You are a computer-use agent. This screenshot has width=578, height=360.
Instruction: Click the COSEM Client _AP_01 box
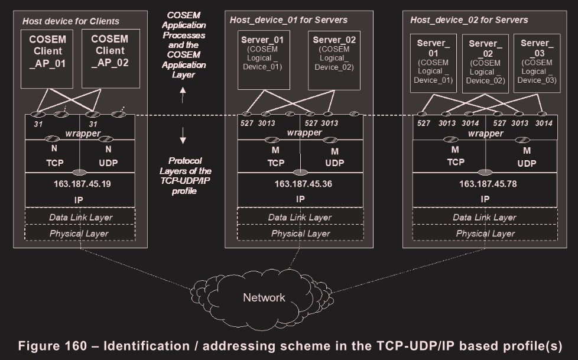coord(48,57)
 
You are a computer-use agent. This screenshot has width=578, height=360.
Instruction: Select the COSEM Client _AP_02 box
coord(109,57)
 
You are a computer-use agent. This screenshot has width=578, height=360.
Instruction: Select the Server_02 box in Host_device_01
coord(335,60)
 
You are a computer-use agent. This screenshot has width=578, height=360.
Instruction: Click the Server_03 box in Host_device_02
coord(536,63)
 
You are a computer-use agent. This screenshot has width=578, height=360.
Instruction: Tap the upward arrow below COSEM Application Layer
coord(183,91)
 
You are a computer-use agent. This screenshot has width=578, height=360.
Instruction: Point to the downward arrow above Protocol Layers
coord(183,138)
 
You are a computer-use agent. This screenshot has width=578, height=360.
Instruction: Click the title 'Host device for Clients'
coord(71,21)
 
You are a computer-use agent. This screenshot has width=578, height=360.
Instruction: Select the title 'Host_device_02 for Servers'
coord(469,20)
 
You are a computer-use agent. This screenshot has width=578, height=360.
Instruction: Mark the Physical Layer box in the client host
coord(80,233)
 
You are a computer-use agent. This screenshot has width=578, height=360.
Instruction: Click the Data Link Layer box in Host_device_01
coord(300,217)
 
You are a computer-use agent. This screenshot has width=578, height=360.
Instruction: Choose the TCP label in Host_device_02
coord(455,162)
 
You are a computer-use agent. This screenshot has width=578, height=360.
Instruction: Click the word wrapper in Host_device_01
coord(304,132)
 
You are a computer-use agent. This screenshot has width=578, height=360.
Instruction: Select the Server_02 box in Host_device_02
coord(485,63)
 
